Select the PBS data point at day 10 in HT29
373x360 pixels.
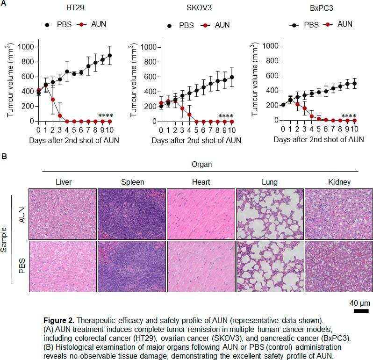point(110,55)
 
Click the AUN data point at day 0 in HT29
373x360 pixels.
point(25,90)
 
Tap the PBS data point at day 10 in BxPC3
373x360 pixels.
point(354,84)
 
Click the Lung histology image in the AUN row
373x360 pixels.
point(270,214)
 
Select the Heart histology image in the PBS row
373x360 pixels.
point(201,266)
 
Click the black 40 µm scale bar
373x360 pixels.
point(360,310)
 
